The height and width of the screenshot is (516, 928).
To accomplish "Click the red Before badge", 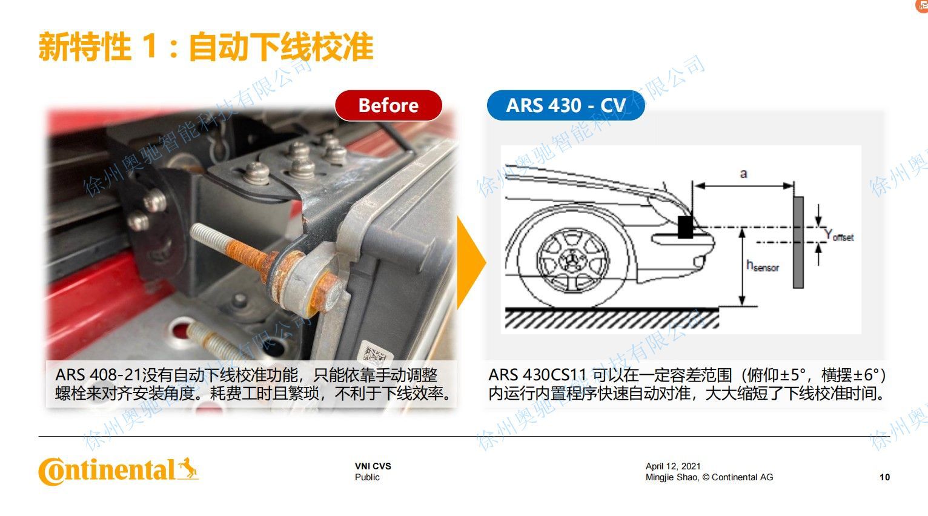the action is [x=388, y=105].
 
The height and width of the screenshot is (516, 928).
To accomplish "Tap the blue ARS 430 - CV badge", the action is [x=566, y=105].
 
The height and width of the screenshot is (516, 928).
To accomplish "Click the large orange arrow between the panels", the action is [x=471, y=263].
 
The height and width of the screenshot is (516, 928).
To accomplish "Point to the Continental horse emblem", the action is [x=188, y=469].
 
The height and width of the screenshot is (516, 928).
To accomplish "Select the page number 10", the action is [x=884, y=477].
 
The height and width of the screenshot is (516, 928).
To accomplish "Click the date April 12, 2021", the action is [x=673, y=466].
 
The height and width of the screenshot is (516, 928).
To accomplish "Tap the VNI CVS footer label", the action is [x=373, y=466].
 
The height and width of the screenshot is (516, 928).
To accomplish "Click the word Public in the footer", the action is [x=367, y=477].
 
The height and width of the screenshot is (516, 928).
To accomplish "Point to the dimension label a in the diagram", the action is [x=744, y=174].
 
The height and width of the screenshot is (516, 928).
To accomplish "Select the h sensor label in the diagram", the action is [x=762, y=266].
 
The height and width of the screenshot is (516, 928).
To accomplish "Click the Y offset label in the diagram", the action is [x=839, y=236].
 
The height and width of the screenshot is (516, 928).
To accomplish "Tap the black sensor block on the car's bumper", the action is [x=685, y=227].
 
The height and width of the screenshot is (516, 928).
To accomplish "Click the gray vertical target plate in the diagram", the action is [x=798, y=242].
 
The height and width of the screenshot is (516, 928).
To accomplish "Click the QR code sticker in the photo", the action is [x=375, y=351].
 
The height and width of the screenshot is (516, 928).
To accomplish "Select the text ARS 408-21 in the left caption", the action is [x=98, y=375].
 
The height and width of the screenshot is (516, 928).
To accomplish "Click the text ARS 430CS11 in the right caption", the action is [x=537, y=375].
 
